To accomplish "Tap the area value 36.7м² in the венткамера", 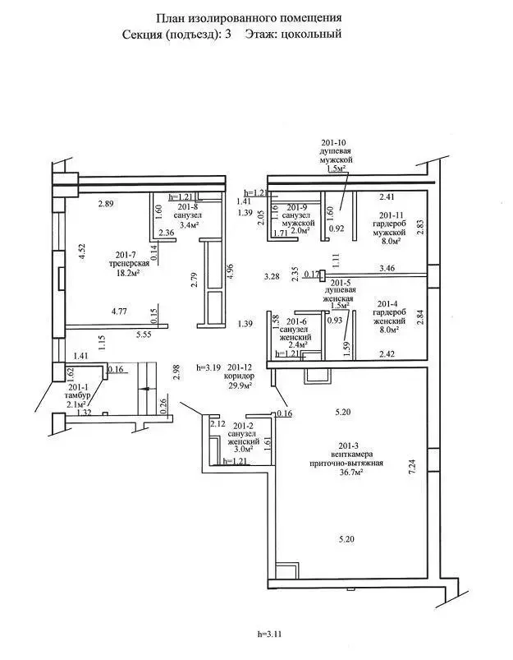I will click(x=343, y=475).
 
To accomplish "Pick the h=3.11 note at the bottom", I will click(x=269, y=634).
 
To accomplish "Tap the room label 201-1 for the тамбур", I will click(x=78, y=386).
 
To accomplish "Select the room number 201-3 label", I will click(x=342, y=445).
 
